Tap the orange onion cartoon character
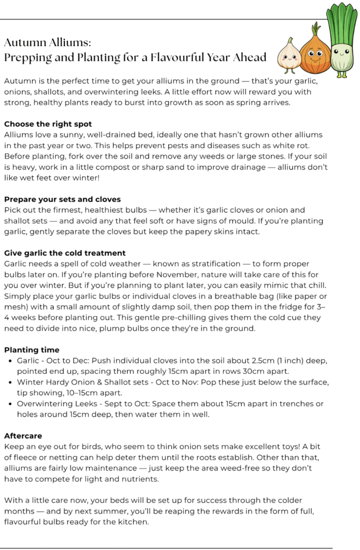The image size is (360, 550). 315,52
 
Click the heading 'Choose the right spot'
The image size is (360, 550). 48,124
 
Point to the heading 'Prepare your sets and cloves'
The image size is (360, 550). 62,199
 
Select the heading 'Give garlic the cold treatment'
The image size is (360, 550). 64,253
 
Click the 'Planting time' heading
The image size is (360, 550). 32,350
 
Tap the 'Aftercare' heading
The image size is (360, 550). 23,436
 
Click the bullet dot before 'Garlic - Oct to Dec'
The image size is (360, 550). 11,361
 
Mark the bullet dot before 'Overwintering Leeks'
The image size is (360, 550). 11,404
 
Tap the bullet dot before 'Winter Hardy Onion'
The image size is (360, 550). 11,382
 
